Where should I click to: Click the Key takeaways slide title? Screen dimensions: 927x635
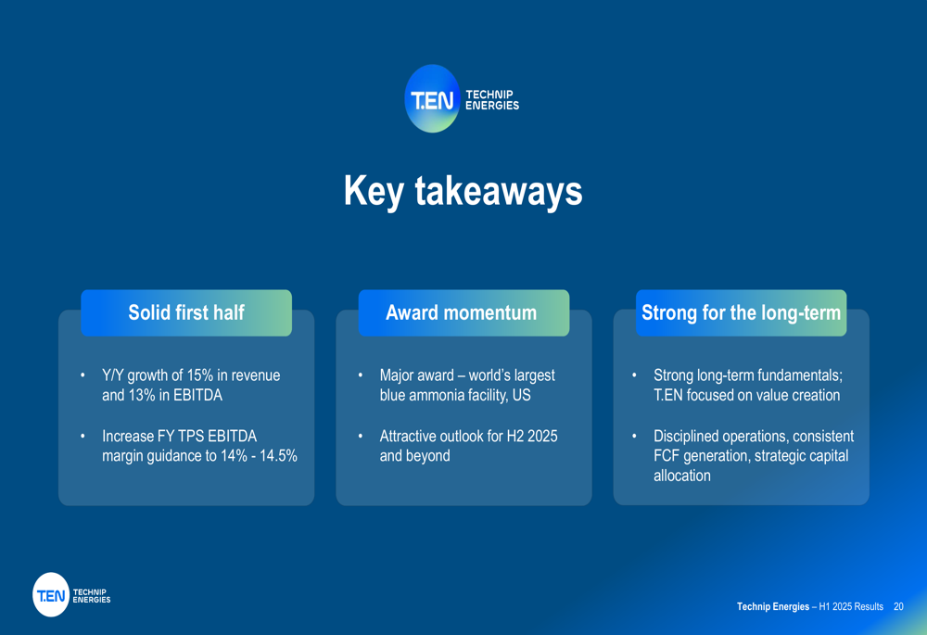click(x=463, y=191)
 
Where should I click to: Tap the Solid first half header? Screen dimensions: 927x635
click(x=186, y=312)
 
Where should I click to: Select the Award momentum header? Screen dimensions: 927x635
click(x=463, y=312)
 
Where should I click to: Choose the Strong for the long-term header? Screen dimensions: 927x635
click(x=741, y=312)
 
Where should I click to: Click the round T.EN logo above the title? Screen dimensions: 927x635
click(x=432, y=99)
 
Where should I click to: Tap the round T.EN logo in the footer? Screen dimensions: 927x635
click(x=51, y=595)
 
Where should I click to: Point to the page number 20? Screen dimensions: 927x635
click(x=898, y=606)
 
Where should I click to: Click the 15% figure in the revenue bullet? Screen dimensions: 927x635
click(x=200, y=375)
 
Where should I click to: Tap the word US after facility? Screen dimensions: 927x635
click(x=521, y=395)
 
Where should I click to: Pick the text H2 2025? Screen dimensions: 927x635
click(x=532, y=437)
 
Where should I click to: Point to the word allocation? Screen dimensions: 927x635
click(x=682, y=476)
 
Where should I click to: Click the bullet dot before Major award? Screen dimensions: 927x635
click(x=360, y=375)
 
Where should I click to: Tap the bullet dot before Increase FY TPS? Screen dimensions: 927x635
click(x=83, y=437)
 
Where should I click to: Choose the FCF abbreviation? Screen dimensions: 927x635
click(x=667, y=456)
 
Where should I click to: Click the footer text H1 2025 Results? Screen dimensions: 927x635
click(x=851, y=606)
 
